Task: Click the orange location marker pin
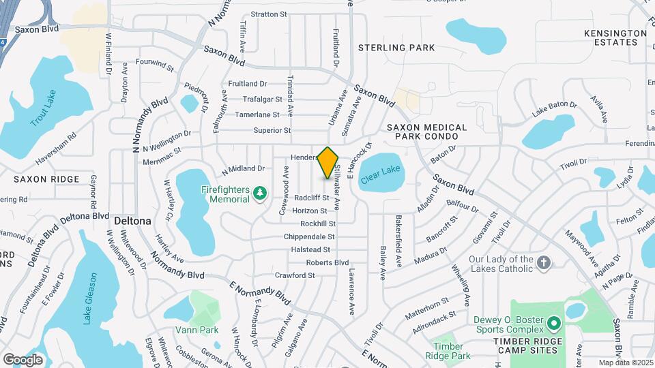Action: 328,162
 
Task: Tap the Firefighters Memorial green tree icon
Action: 259,195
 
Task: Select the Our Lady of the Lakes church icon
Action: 544,263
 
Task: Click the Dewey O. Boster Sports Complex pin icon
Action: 553,323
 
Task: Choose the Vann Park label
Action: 205,330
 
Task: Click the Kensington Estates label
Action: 615,37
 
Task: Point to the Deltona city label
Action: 132,221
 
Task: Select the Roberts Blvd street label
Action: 327,262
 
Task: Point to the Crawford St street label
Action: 295,275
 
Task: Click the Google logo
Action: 23,359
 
